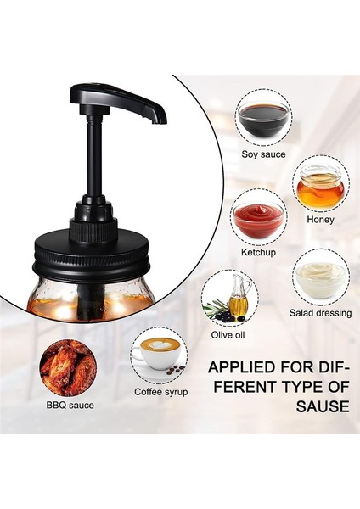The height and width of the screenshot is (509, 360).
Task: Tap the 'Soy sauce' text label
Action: (264, 154)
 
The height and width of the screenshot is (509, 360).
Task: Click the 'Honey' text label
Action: (321, 219)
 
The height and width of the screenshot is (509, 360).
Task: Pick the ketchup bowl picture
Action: (259, 218)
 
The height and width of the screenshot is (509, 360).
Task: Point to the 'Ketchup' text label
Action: (259, 254)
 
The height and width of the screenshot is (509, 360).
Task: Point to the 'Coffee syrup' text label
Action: (161, 393)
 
